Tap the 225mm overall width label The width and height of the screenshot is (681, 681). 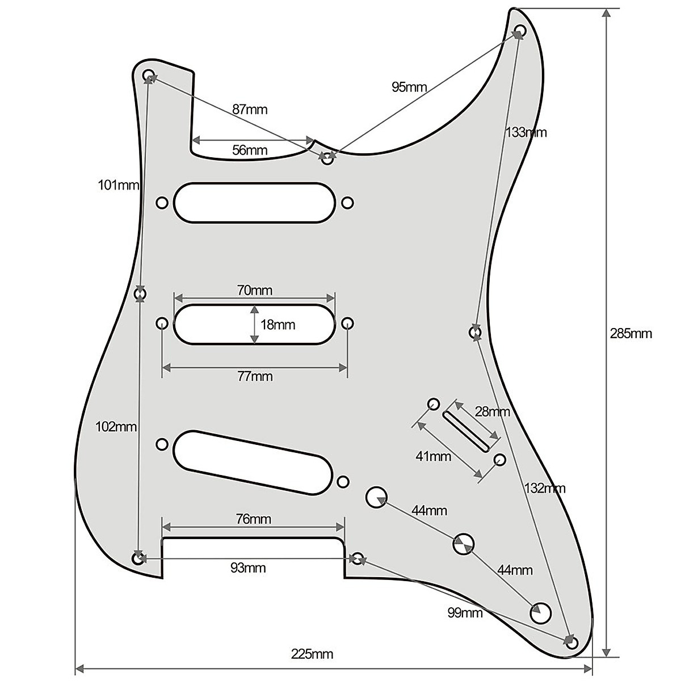pyautogui.click(x=312, y=654)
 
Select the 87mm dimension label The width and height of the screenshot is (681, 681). pyautogui.click(x=249, y=110)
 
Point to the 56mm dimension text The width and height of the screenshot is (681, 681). pyautogui.click(x=250, y=150)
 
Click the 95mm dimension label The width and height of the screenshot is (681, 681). pyautogui.click(x=409, y=87)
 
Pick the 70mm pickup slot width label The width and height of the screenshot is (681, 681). pyautogui.click(x=255, y=291)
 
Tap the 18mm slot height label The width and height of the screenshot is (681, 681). pyautogui.click(x=278, y=325)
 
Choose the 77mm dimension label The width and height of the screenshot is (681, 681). pyautogui.click(x=255, y=376)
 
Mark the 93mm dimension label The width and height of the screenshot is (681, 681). pyautogui.click(x=248, y=567)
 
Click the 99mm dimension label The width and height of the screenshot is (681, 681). pyautogui.click(x=465, y=613)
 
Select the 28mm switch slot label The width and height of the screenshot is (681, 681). pyautogui.click(x=493, y=412)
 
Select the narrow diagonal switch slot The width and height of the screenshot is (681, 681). pyautogui.click(x=466, y=432)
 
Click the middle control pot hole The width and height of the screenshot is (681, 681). pyautogui.click(x=464, y=544)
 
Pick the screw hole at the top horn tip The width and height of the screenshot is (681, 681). pyautogui.click(x=520, y=30)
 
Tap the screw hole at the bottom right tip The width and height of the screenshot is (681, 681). pyautogui.click(x=572, y=642)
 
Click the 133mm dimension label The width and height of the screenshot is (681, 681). pyautogui.click(x=526, y=133)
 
